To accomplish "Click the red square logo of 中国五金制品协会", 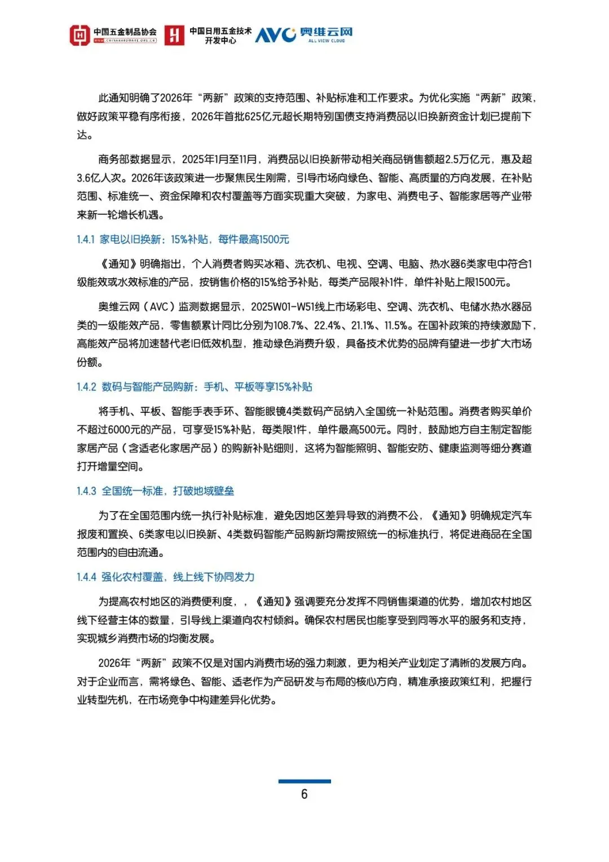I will (x=80, y=35).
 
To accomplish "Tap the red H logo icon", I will (x=174, y=35).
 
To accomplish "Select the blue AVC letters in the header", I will (x=275, y=35).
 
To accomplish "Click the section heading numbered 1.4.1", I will (x=183, y=239).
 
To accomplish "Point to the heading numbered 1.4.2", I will (x=194, y=386).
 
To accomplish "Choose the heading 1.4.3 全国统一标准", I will (x=155, y=491).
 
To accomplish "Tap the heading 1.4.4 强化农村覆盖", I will (x=165, y=577).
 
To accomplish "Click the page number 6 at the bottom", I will (x=304, y=794).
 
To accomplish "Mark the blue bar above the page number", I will (x=304, y=781).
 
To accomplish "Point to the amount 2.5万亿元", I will (x=465, y=159).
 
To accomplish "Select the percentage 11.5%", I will (x=398, y=326).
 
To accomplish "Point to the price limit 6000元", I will (x=123, y=429).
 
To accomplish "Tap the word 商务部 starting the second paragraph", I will (x=113, y=159).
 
